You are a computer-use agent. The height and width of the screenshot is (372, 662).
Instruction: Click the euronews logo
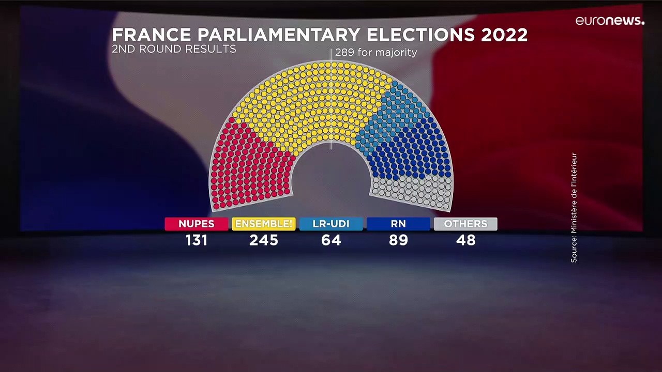[x=610, y=21]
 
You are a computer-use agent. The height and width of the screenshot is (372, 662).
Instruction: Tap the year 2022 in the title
[x=504, y=35]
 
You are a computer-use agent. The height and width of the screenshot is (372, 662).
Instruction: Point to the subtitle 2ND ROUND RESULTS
[x=174, y=49]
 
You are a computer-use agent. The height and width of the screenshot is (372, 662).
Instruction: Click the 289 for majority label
[x=375, y=52]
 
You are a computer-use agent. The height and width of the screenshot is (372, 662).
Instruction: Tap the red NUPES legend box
[x=197, y=224]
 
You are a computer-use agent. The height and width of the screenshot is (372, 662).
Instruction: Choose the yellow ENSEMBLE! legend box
[x=264, y=224]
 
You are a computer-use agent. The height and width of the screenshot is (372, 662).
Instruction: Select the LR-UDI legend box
[x=331, y=224]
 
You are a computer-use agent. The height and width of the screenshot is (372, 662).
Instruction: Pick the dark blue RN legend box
[x=398, y=224]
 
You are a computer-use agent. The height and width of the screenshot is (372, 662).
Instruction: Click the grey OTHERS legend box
[x=465, y=224]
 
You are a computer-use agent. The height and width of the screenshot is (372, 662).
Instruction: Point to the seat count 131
[x=197, y=240]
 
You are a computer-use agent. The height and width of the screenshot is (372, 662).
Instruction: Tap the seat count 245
[x=264, y=240]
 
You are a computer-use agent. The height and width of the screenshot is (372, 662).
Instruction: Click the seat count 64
[x=331, y=240]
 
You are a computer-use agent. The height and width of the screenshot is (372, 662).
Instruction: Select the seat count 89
[x=398, y=240]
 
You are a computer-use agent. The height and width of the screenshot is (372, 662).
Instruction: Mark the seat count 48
[x=465, y=240]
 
